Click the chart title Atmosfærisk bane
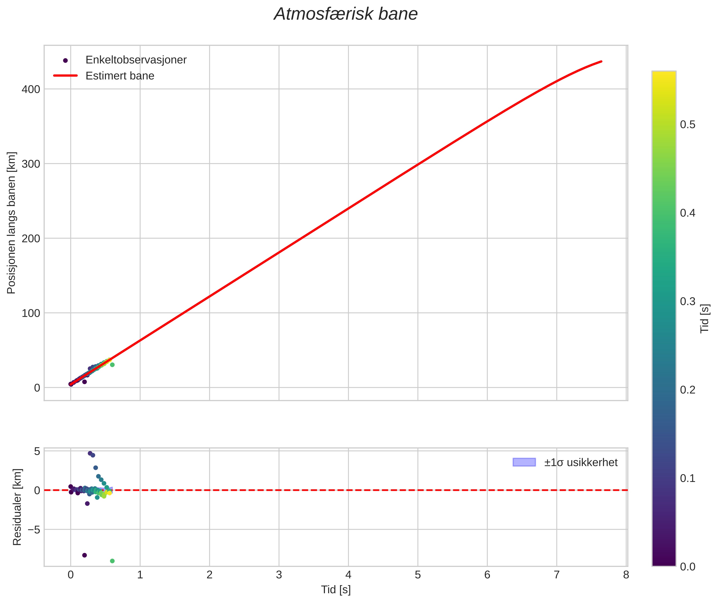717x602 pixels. point(345,14)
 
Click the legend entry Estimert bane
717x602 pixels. point(120,76)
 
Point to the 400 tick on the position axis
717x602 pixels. point(31,90)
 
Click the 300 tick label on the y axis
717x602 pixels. point(31,164)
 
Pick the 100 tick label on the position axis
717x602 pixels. point(31,313)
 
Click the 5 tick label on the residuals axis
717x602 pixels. point(37,451)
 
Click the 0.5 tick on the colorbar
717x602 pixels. point(687,125)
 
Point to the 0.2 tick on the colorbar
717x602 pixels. point(687,390)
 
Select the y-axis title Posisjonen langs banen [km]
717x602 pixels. point(11,223)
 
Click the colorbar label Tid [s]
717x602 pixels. point(705,318)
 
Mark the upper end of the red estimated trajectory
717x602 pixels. point(601,61)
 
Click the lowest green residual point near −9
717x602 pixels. point(112,561)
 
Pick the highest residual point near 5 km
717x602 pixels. point(90,453)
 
